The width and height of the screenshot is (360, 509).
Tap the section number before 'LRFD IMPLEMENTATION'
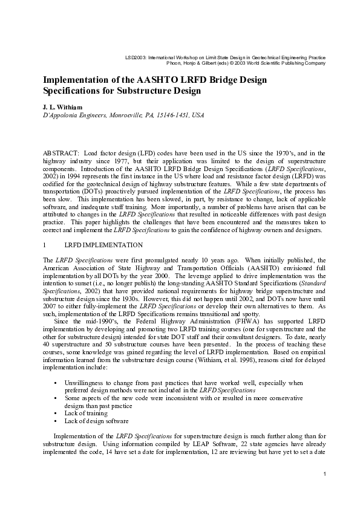(44, 245)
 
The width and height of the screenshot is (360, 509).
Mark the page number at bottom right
(325, 473)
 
